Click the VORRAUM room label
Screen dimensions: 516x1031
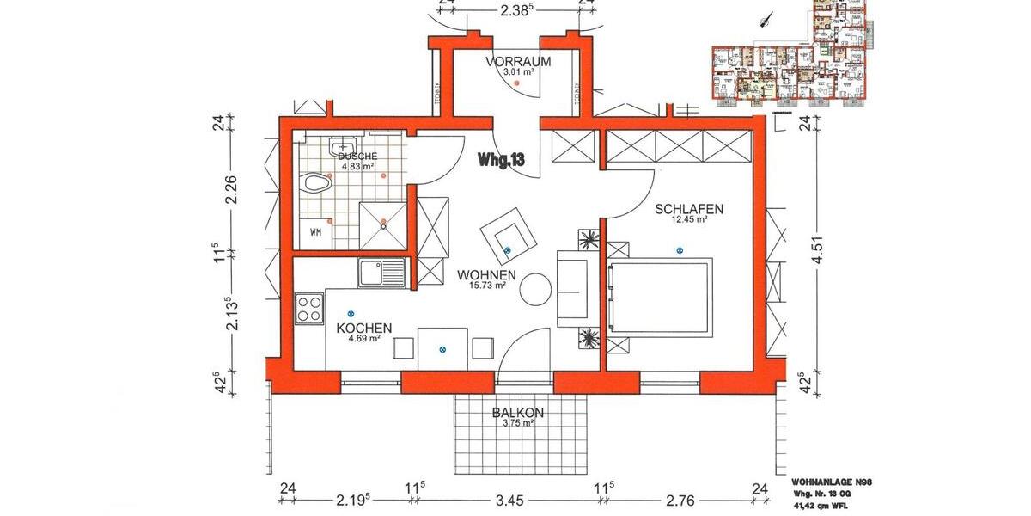coord(517,62)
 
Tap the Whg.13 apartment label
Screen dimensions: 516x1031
coord(502,159)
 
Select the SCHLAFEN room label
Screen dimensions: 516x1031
coord(689,209)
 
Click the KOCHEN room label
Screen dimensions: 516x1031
coord(364,329)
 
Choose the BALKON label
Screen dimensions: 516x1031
coord(517,413)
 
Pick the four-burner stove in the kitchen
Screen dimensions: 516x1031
coord(309,308)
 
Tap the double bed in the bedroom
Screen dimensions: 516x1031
coord(660,298)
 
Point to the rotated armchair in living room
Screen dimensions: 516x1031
coord(509,232)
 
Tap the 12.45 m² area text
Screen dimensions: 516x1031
coord(689,220)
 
